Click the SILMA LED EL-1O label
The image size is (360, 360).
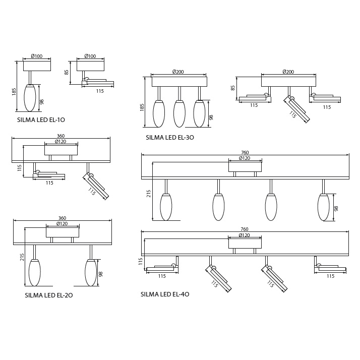(41, 120)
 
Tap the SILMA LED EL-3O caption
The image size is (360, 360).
(170, 137)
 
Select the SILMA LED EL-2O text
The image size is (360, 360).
(49, 295)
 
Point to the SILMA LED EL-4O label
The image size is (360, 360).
(165, 294)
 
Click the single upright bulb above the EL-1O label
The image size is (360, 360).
(30, 98)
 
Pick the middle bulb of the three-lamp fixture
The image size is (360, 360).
(179, 114)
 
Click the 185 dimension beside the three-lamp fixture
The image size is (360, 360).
(142, 107)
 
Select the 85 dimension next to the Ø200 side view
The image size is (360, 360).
(233, 87)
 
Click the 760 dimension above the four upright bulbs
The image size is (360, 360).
(245, 153)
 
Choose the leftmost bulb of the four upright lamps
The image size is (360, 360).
(166, 207)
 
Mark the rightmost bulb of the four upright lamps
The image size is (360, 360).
(323, 207)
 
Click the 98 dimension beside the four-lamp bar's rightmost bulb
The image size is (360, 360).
(336, 208)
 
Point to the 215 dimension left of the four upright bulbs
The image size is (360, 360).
(149, 194)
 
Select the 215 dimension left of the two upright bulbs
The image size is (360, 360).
(22, 257)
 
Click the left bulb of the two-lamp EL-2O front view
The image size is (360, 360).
(34, 273)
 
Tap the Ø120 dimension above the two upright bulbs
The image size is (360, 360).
(62, 224)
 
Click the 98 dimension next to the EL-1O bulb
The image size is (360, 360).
(42, 101)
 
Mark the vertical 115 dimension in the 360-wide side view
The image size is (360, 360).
(20, 167)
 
